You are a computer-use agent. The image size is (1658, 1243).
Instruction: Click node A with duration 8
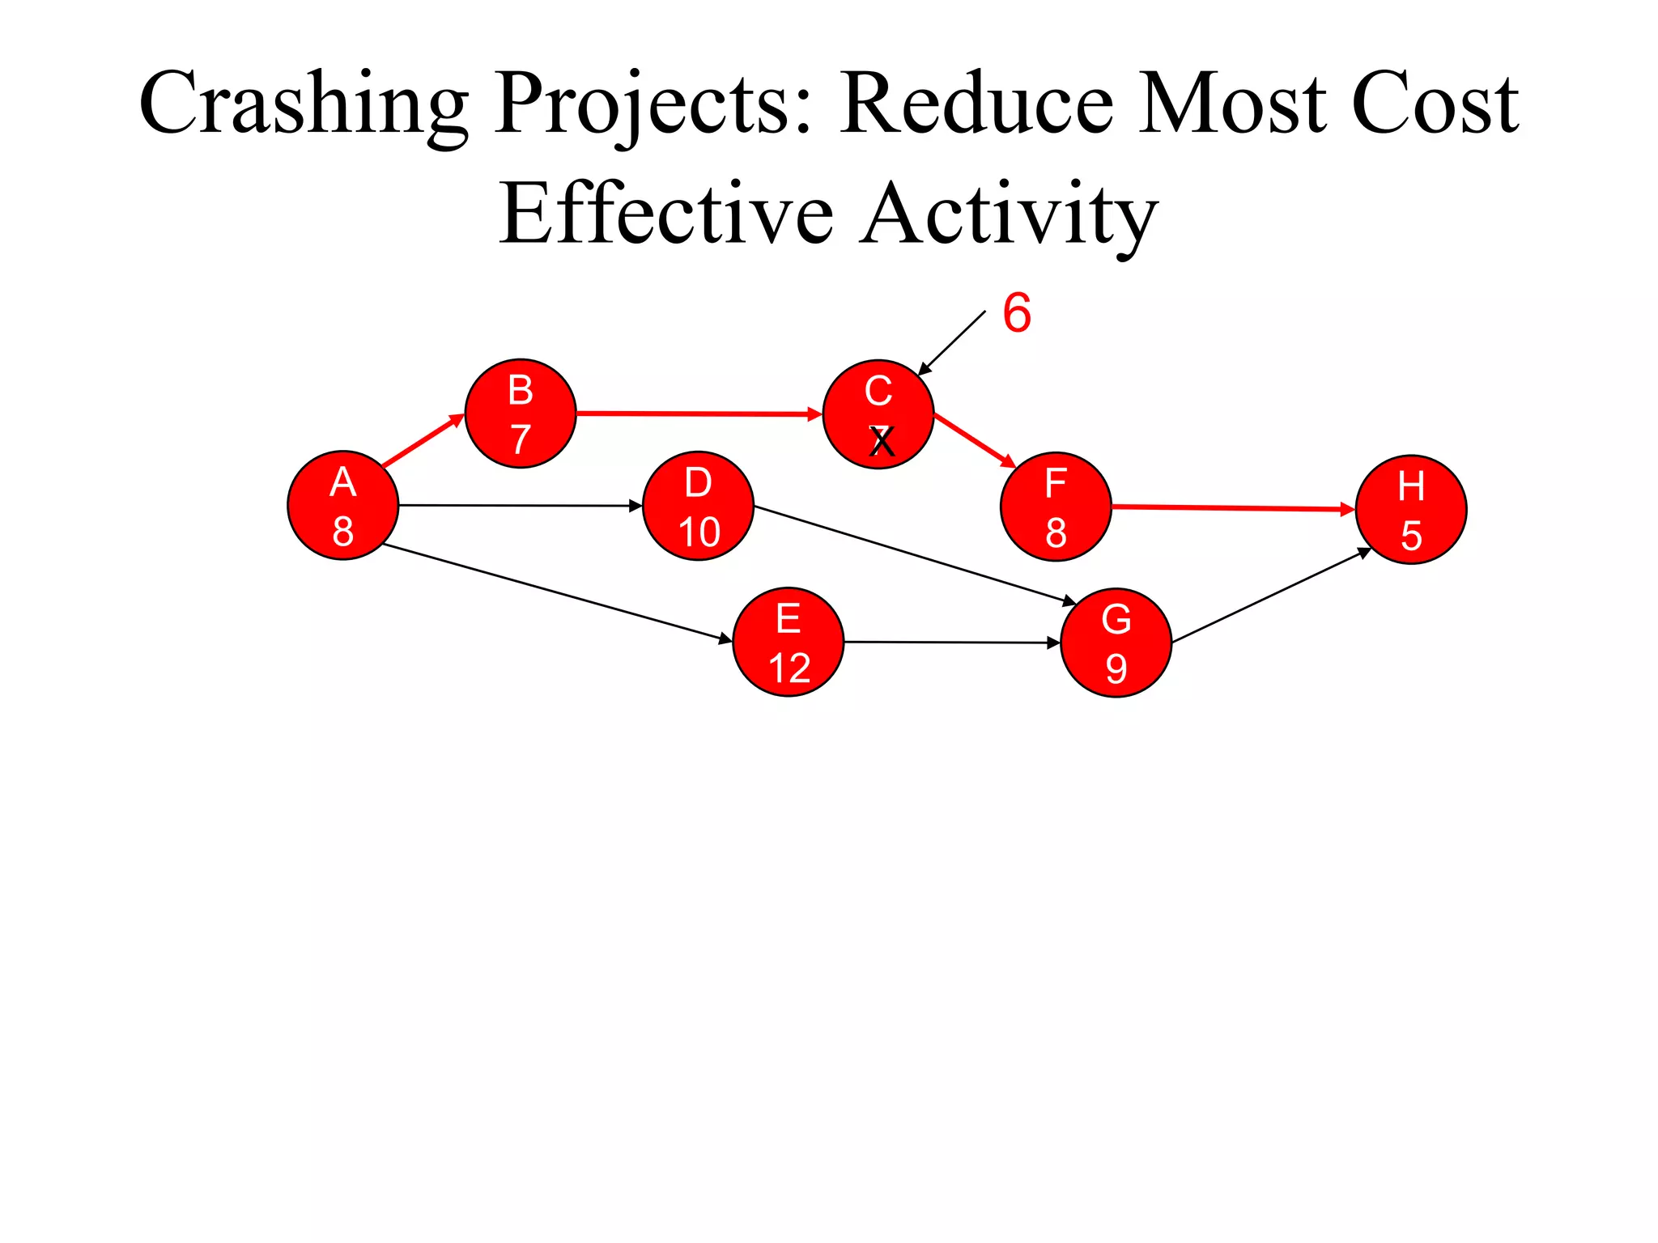pyautogui.click(x=342, y=505)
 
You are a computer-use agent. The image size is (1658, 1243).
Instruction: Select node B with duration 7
pyautogui.click(x=521, y=414)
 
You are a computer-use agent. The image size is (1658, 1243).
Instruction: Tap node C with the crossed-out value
pyautogui.click(x=878, y=414)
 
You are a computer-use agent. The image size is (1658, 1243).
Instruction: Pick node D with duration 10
pyautogui.click(x=698, y=506)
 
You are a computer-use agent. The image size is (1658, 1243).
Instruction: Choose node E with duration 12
pyautogui.click(x=789, y=642)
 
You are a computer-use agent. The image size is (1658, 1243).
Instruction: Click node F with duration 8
pyautogui.click(x=1056, y=507)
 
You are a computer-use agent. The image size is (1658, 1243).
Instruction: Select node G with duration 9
pyautogui.click(x=1116, y=643)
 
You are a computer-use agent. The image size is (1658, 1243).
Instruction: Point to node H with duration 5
pyautogui.click(x=1411, y=510)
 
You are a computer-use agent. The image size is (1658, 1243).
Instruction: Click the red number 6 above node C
pyautogui.click(x=1017, y=313)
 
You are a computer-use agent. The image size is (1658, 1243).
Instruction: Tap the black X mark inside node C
pyautogui.click(x=882, y=442)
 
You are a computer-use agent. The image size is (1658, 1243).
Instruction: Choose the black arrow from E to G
pyautogui.click(x=952, y=643)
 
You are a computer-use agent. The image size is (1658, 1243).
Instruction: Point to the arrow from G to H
pyautogui.click(x=1271, y=596)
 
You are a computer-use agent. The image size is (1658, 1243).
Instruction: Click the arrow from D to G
pyautogui.click(x=915, y=554)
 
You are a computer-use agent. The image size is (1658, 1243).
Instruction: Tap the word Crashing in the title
pyautogui.click(x=304, y=105)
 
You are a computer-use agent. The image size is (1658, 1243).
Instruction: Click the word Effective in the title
pyautogui.click(x=666, y=215)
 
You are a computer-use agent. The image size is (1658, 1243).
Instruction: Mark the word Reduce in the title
pyautogui.click(x=976, y=105)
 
